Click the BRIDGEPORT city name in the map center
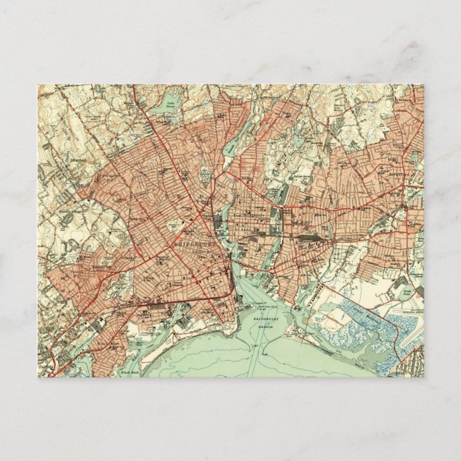click(190, 244)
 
